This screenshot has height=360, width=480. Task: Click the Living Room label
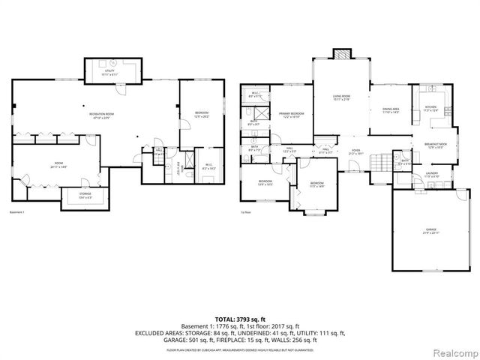pyautogui.click(x=341, y=97)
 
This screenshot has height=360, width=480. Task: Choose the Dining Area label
pyautogui.click(x=390, y=110)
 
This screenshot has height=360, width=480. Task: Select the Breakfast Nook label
pyautogui.click(x=436, y=145)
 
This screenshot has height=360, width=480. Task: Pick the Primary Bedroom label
pyautogui.click(x=292, y=114)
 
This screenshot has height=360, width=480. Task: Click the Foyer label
pyautogui.click(x=355, y=152)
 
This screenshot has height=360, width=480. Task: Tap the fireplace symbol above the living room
pyautogui.click(x=341, y=55)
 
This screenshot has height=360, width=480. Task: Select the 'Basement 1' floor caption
pyautogui.click(x=17, y=212)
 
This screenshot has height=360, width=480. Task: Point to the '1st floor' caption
pyautogui.click(x=245, y=212)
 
